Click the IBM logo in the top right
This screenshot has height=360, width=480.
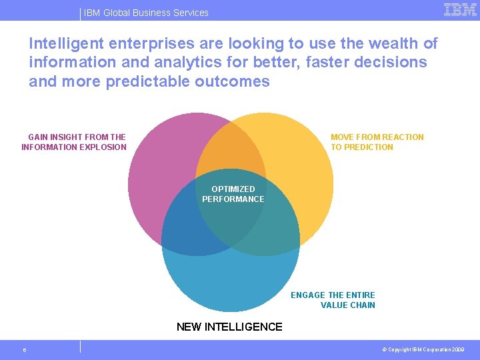[x=460, y=9]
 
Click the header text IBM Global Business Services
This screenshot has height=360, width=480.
[x=146, y=13]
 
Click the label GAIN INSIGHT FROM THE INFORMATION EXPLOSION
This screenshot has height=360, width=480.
[x=74, y=142]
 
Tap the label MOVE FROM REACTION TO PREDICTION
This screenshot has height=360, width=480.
[x=377, y=142]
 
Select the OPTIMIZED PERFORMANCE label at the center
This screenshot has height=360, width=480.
[x=233, y=194]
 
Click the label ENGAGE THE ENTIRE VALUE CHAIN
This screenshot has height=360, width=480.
[x=333, y=300]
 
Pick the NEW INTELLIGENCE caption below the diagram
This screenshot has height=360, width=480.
[x=229, y=327]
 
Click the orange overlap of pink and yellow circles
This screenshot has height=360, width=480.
[x=230, y=150]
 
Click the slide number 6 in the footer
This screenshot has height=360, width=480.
[x=24, y=350]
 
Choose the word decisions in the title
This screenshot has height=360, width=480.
[x=399, y=63]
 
